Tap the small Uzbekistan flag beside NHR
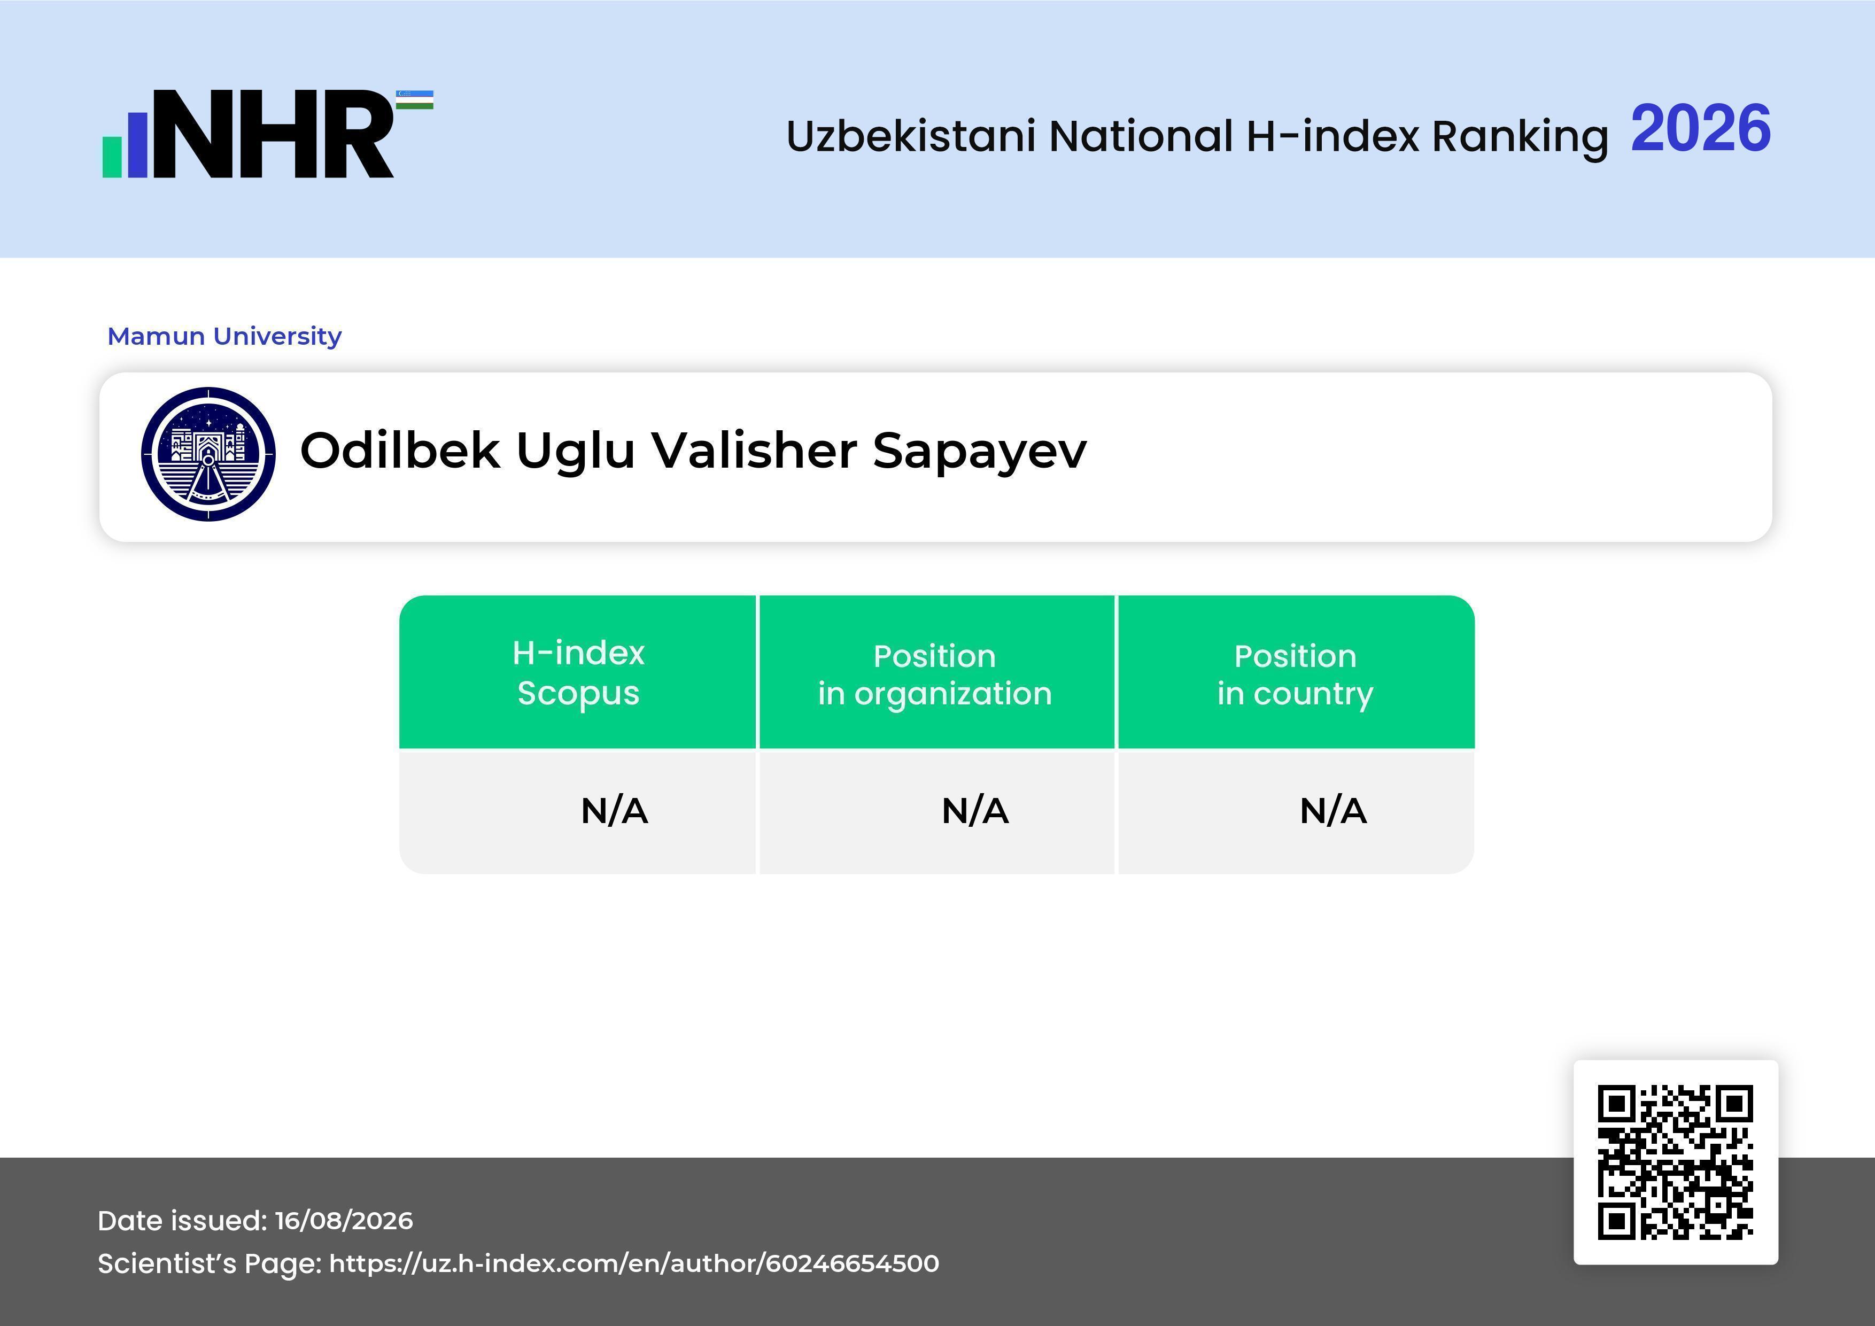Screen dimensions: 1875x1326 (415, 99)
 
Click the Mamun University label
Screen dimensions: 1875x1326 (224, 336)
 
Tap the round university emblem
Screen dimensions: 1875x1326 (208, 454)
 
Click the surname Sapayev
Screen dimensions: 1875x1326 (980, 452)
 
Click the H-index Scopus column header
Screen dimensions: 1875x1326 (578, 673)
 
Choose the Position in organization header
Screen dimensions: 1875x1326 (935, 674)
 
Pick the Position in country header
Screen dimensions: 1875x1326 (1295, 674)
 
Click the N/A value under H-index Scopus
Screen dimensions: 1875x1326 (614, 811)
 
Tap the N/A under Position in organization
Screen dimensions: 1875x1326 (975, 811)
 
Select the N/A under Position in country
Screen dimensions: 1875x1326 (1332, 811)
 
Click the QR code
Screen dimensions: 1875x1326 (1676, 1162)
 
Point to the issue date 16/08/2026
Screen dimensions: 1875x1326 (344, 1221)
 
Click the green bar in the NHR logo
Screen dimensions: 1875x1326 (112, 157)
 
